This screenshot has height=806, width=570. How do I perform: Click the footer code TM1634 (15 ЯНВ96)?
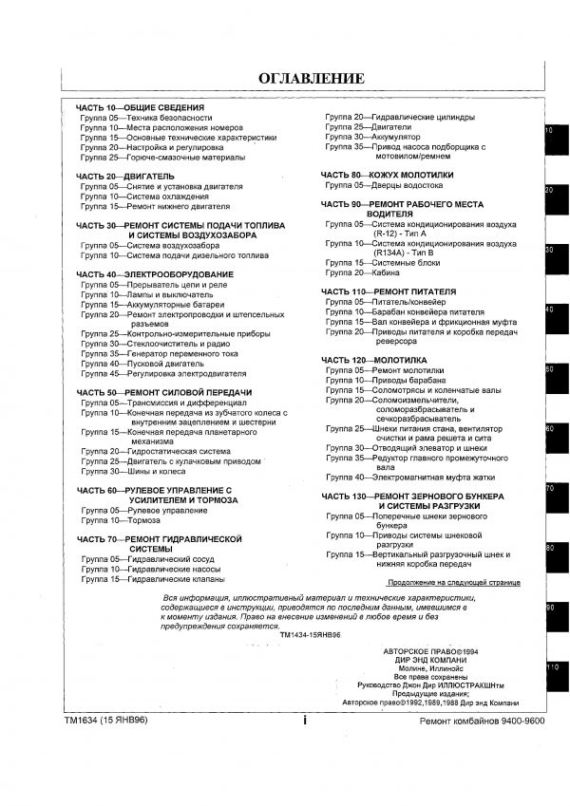click(106, 722)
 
